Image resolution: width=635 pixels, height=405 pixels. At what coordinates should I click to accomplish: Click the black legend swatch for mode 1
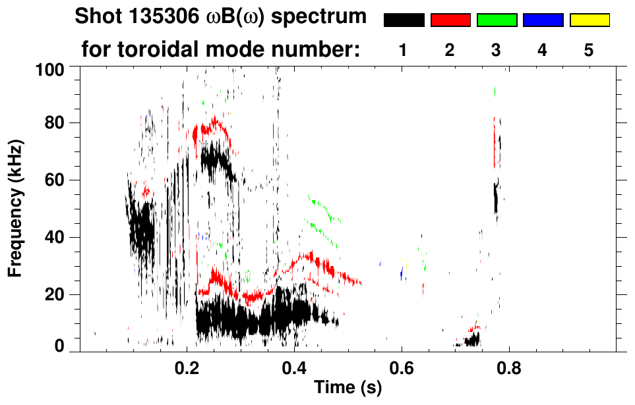pos(404,20)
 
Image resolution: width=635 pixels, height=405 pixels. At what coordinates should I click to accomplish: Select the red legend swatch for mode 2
pos(450,20)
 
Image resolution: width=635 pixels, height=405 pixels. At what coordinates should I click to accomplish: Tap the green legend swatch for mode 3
pos(497,20)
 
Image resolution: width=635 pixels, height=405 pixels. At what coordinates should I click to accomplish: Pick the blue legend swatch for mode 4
pos(543,20)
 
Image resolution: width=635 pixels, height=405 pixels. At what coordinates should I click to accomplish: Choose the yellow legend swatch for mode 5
pos(590,20)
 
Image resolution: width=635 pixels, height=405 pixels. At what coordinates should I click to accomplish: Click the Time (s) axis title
pos(348,388)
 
